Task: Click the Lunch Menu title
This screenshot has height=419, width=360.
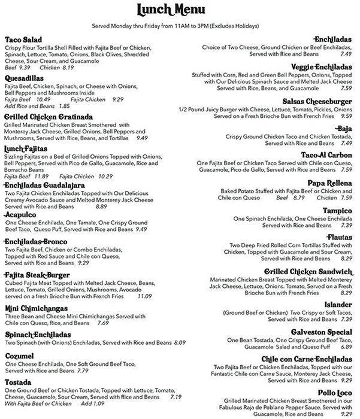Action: pos(179,10)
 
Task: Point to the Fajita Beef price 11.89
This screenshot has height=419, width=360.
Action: pos(41,176)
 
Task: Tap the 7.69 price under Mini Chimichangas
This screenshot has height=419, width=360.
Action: pos(102,323)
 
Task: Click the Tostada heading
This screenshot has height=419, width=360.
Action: pos(18,382)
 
